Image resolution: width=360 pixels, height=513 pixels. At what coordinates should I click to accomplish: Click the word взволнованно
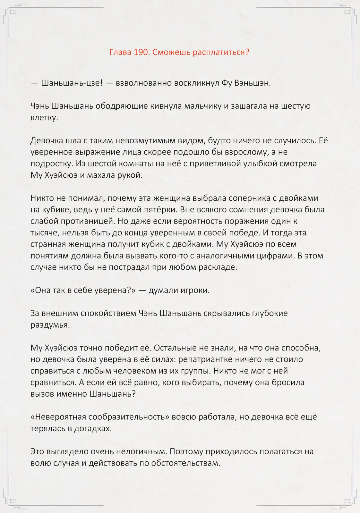(144, 83)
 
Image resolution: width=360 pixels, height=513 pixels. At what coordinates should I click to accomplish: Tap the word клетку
(44, 118)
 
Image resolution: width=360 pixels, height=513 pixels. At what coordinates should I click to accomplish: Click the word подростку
(52, 164)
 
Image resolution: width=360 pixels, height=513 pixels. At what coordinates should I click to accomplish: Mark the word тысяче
(45, 233)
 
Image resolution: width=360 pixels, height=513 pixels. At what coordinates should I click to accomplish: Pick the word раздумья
(50, 325)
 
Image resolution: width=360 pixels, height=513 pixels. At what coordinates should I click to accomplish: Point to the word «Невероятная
(58, 417)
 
